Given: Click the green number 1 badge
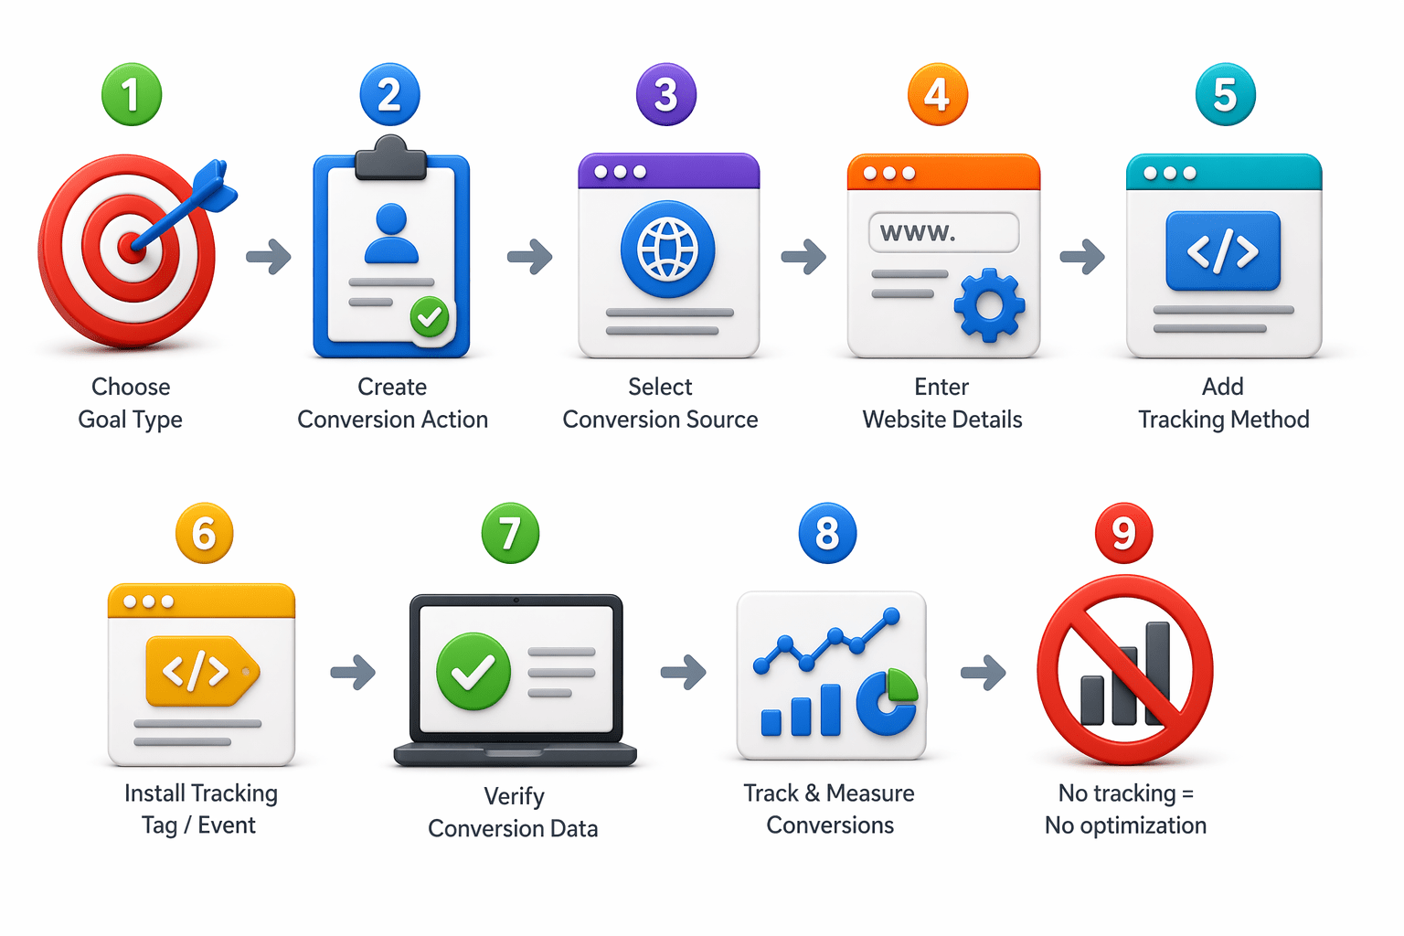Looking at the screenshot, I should [132, 94].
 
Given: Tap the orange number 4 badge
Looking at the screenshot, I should [937, 94].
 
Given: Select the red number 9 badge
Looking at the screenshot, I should [1123, 533].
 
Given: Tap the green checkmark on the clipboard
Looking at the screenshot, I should [429, 317].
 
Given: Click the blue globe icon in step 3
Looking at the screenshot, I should [667, 250].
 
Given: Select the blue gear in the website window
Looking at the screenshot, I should [989, 305].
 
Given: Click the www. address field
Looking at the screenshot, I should [943, 232].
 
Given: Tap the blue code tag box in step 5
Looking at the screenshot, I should [1223, 251].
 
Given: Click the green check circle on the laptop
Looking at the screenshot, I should [473, 672].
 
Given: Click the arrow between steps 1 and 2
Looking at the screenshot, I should [269, 257].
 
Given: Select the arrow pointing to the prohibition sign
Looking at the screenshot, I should [984, 673].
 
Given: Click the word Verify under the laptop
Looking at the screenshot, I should [514, 796].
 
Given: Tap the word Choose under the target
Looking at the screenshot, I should [131, 387].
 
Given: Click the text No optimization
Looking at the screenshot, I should [1125, 825].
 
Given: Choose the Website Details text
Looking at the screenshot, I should [942, 420].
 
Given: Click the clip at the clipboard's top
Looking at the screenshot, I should [391, 158].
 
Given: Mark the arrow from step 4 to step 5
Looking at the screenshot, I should [1082, 257].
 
